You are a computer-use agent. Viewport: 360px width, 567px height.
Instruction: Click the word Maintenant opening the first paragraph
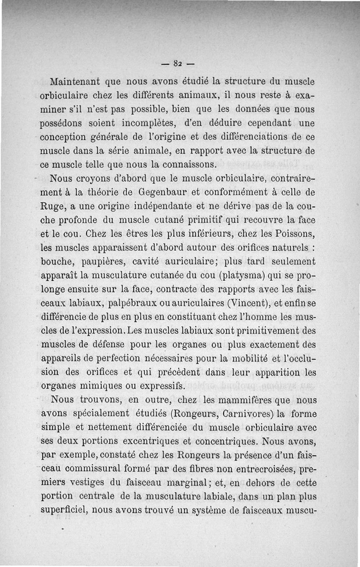pos(74,83)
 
